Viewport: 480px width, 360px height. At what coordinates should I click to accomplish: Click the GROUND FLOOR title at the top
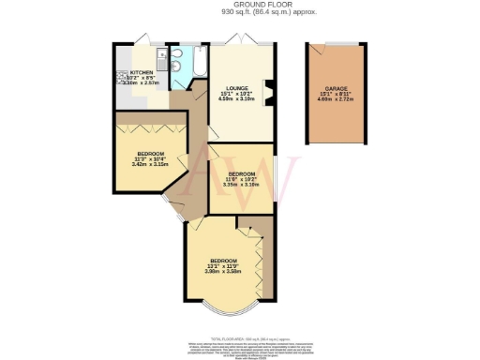click(240, 5)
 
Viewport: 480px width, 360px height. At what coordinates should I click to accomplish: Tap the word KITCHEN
click(142, 71)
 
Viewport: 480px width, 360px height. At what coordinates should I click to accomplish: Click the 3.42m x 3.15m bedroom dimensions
click(151, 165)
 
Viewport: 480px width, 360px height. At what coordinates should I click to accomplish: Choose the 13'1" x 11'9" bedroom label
click(223, 265)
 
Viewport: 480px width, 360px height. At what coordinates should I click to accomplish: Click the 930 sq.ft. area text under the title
click(240, 12)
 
